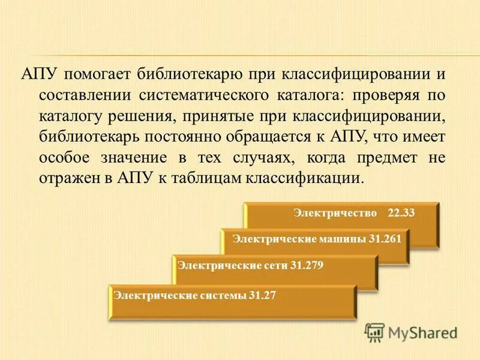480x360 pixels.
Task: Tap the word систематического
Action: tap(202, 97)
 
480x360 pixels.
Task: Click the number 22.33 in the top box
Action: tap(401, 214)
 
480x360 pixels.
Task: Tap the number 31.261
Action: tap(385, 239)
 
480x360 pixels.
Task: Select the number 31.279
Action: tap(306, 266)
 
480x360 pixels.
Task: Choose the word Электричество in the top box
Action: tap(335, 214)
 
